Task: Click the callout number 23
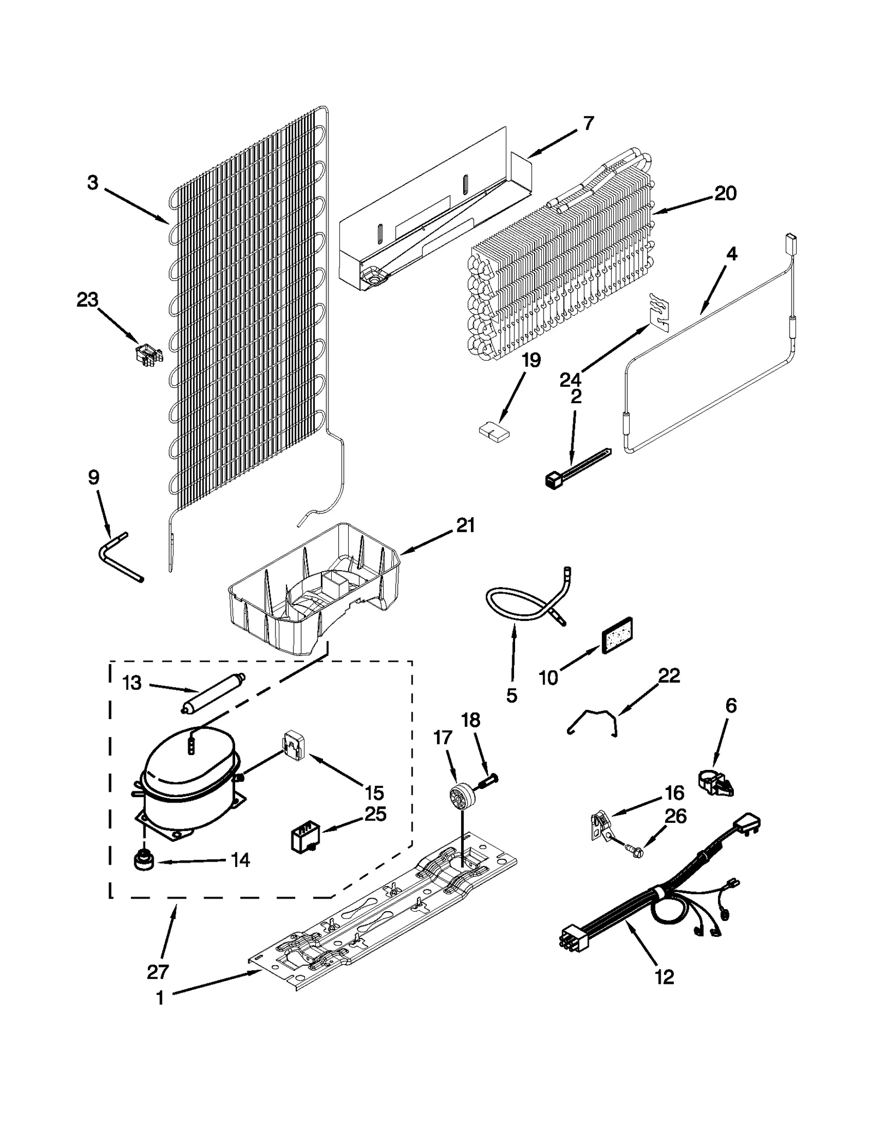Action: coord(87,300)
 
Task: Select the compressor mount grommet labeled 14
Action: coord(143,862)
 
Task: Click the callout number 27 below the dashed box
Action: coord(158,971)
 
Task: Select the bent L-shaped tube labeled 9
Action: coord(120,557)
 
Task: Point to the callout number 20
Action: coord(725,193)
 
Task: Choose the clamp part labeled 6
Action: coord(716,785)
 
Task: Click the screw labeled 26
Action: coord(633,849)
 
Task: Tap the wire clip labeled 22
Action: coord(593,721)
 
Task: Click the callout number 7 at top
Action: coord(588,124)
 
